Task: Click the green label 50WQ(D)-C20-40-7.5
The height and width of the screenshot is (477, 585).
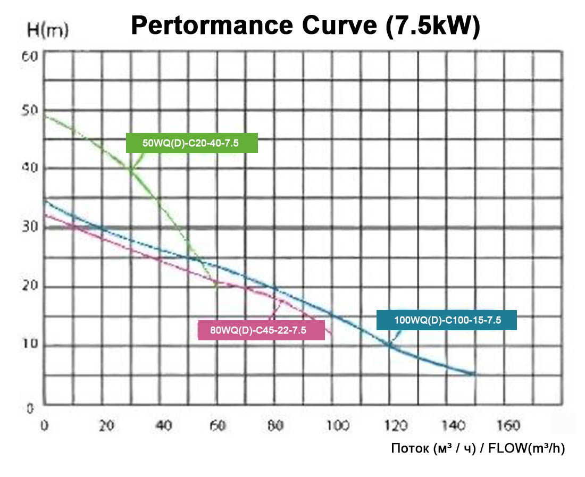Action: (x=192, y=143)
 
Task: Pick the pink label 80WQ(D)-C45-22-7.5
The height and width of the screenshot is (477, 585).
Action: (x=261, y=330)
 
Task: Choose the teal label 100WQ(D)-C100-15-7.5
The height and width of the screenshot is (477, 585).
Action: (x=447, y=321)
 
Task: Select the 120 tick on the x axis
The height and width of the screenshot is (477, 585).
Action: (x=396, y=425)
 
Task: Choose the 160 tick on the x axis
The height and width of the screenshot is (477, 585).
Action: (x=512, y=425)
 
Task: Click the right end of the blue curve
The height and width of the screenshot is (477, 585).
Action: (x=474, y=374)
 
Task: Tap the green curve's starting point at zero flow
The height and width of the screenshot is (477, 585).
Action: (x=45, y=116)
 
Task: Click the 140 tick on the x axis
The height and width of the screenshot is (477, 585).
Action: (x=454, y=425)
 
